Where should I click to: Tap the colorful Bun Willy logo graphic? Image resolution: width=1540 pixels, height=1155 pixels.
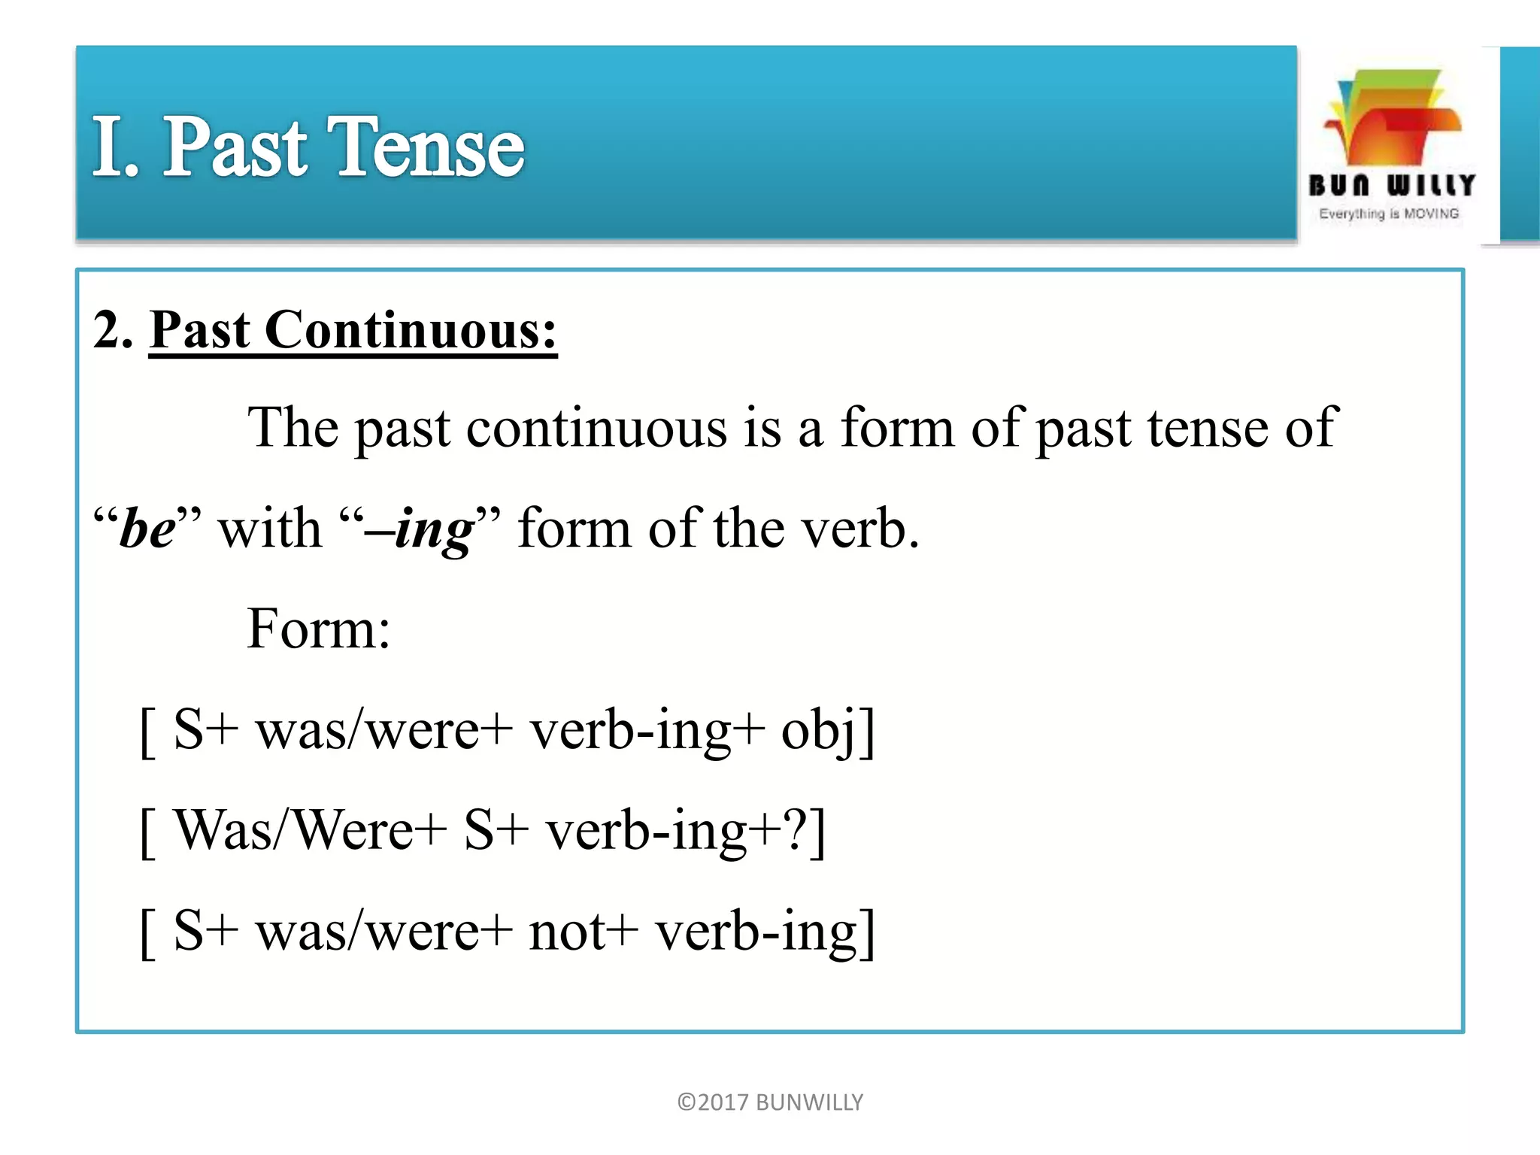point(1391,117)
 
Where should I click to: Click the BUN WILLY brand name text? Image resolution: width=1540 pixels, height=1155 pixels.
point(1391,185)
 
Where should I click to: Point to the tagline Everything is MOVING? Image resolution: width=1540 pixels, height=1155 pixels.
point(1389,214)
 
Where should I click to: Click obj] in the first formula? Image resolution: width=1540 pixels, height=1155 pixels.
point(828,729)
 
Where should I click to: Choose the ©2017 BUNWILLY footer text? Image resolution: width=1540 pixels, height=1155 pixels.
point(770,1102)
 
